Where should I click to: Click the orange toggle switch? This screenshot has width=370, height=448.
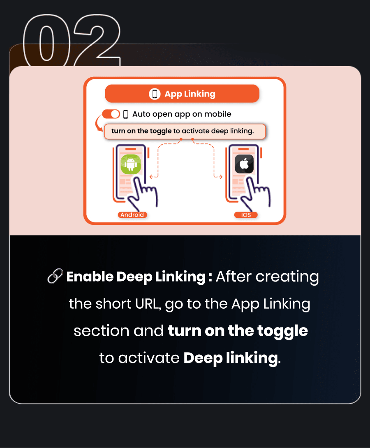pyautogui.click(x=111, y=114)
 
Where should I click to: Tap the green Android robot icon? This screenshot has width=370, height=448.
pyautogui.click(x=131, y=164)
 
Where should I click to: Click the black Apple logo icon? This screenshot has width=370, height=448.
pyautogui.click(x=244, y=164)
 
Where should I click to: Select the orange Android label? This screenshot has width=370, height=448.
pyautogui.click(x=132, y=215)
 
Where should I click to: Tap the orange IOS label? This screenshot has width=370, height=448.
pyautogui.click(x=246, y=215)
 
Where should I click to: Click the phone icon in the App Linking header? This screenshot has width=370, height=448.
pyautogui.click(x=155, y=94)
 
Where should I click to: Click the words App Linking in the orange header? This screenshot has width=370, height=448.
pyautogui.click(x=190, y=94)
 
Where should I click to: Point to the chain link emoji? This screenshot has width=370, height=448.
pyautogui.click(x=55, y=276)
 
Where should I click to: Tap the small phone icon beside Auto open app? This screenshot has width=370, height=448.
pyautogui.click(x=125, y=114)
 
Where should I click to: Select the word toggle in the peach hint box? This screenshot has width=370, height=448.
pyautogui.click(x=161, y=131)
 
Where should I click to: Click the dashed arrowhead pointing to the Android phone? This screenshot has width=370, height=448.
pyautogui.click(x=152, y=177)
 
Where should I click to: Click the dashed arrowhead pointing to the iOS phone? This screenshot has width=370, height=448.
pyautogui.click(x=220, y=177)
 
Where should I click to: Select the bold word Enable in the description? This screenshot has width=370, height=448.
pyautogui.click(x=90, y=277)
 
